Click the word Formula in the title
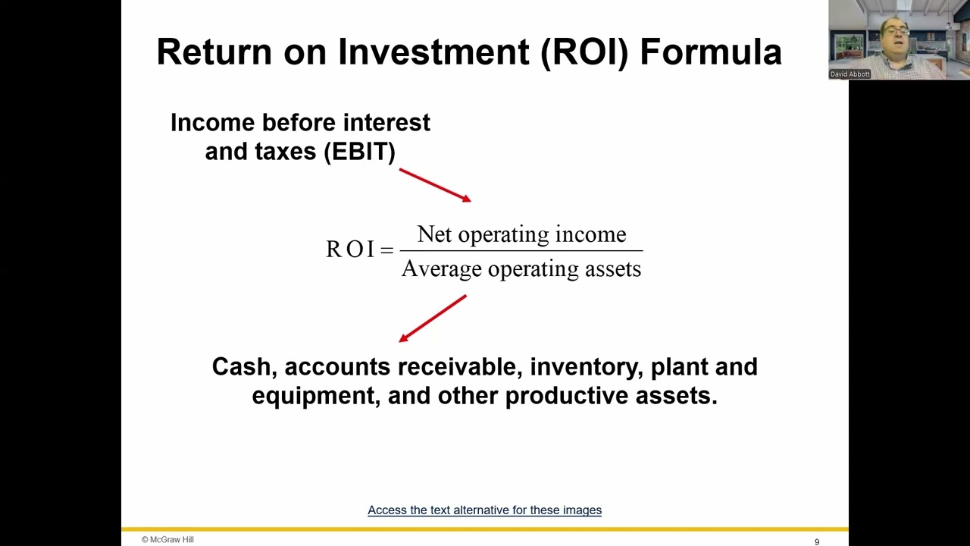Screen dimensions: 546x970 click(711, 52)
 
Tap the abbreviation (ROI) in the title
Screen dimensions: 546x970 click(584, 52)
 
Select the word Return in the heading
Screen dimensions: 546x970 click(214, 52)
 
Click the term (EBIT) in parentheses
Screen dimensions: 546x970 click(359, 152)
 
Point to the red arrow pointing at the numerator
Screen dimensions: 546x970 click(435, 185)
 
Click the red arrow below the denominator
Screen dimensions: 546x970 click(432, 318)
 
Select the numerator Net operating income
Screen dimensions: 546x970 click(521, 234)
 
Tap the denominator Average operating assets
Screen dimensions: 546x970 click(521, 269)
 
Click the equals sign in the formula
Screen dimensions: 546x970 click(386, 250)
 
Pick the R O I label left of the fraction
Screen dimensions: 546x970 click(350, 249)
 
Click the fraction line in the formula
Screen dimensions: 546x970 click(521, 250)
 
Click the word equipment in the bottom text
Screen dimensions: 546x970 click(315, 396)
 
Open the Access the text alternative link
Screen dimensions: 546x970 click(484, 510)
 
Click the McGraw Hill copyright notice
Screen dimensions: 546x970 click(167, 540)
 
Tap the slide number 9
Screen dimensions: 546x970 click(817, 541)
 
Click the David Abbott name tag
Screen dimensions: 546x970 click(850, 74)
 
